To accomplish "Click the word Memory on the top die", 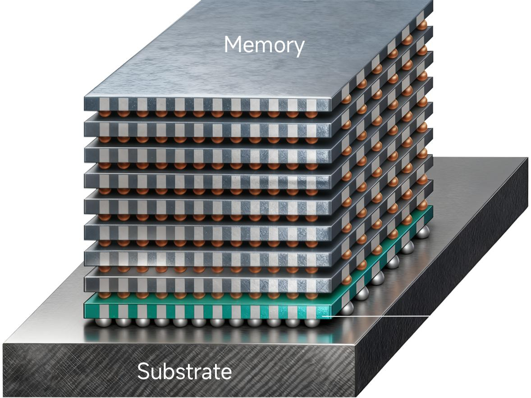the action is (x=264, y=45).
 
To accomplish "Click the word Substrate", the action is (x=184, y=371).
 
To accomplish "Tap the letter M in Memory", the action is (x=233, y=44).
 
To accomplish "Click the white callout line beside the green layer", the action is (x=376, y=316).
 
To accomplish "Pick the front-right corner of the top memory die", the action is (x=330, y=110).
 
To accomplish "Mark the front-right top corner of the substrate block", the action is (x=356, y=342).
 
